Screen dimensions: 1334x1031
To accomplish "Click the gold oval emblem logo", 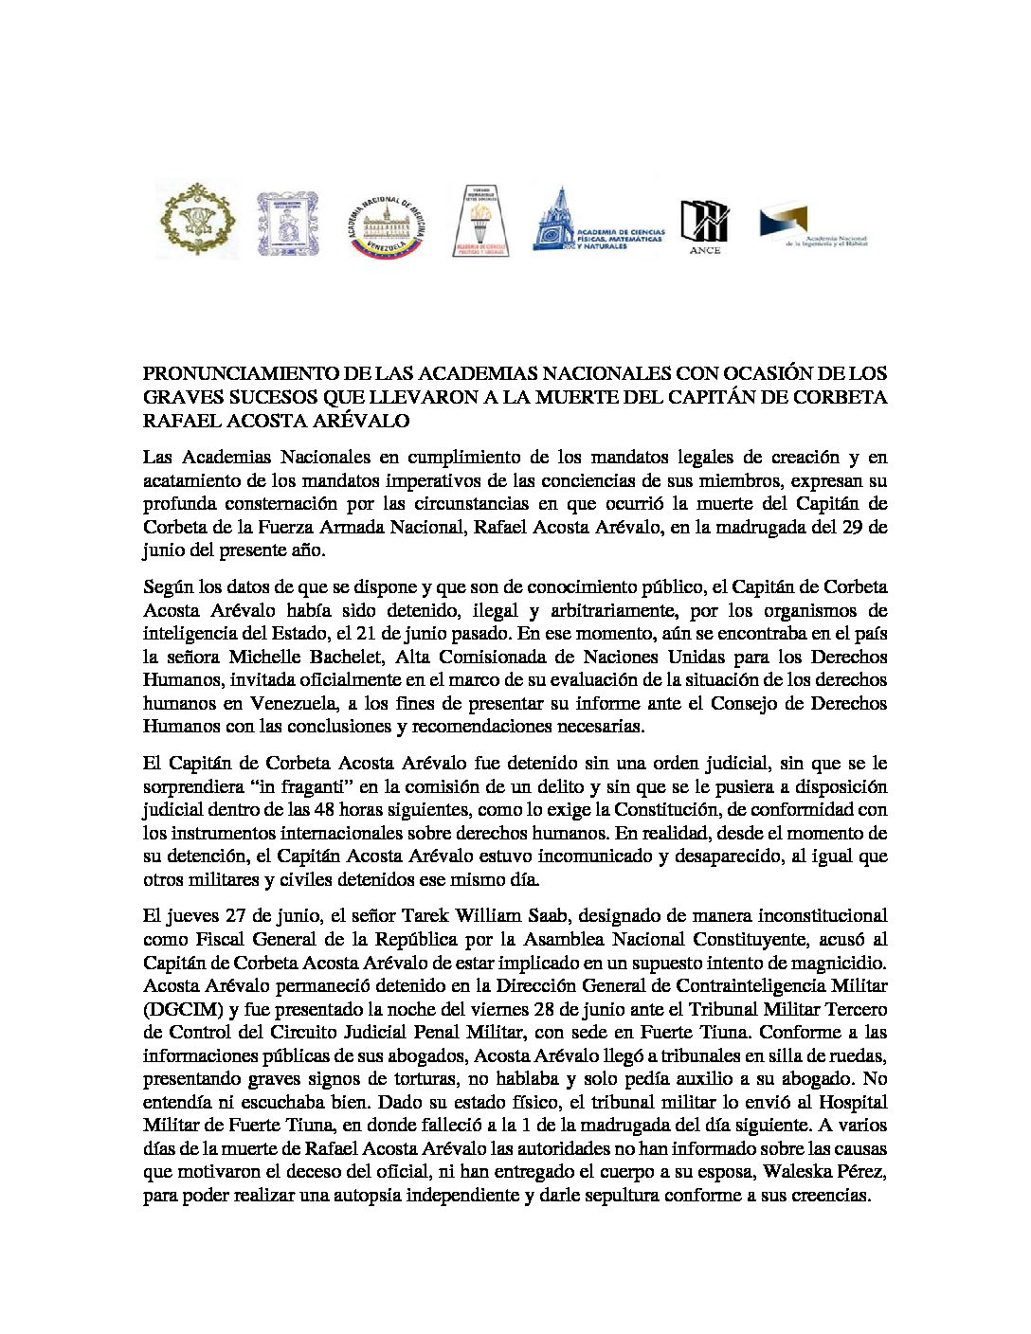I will (196, 220).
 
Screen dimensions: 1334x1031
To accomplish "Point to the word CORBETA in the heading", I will (840, 397).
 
